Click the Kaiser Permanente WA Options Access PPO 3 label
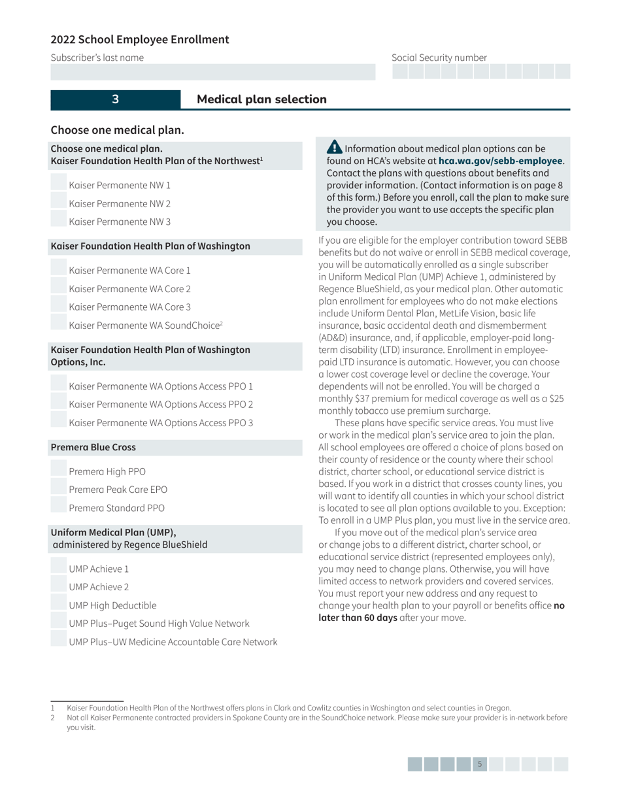pos(161,422)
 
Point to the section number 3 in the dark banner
pos(115,99)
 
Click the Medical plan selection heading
pos(261,99)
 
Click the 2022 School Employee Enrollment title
pos(140,39)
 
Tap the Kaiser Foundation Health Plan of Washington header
pos(150,246)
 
